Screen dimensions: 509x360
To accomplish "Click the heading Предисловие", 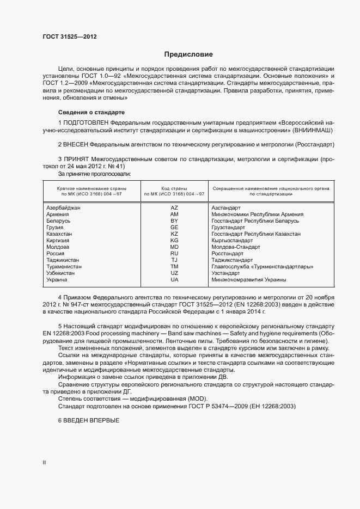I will [188, 54].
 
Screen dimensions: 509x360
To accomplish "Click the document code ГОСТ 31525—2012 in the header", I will [70, 36].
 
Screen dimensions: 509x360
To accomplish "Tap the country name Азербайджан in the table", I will [64, 208].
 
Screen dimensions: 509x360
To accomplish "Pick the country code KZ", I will [174, 234].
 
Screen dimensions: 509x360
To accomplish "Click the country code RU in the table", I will [174, 254].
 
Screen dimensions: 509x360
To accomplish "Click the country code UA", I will [174, 280].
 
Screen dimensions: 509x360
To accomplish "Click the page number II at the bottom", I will [45, 462].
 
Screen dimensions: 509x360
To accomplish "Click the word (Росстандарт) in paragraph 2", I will [315, 144].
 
